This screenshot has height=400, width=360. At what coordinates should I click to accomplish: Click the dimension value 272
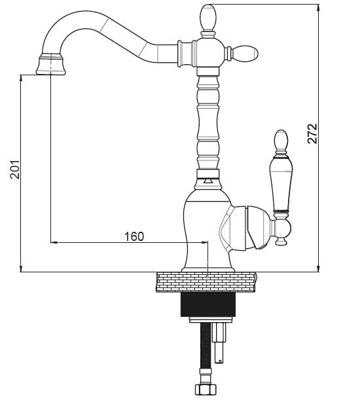(312, 134)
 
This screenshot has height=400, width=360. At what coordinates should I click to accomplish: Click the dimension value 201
(15, 170)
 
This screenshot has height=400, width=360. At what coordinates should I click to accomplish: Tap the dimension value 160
(134, 236)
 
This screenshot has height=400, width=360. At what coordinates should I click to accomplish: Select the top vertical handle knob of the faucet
(208, 17)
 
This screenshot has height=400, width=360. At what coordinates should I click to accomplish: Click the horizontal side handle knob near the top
(245, 54)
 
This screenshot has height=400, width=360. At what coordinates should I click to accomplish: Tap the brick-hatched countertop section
(206, 282)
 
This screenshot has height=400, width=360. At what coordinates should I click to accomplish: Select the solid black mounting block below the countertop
(207, 304)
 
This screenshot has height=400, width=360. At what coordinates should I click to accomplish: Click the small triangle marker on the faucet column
(207, 181)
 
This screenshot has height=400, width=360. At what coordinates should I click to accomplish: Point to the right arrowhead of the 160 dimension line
(205, 242)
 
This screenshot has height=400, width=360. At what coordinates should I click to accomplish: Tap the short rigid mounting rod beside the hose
(219, 342)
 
